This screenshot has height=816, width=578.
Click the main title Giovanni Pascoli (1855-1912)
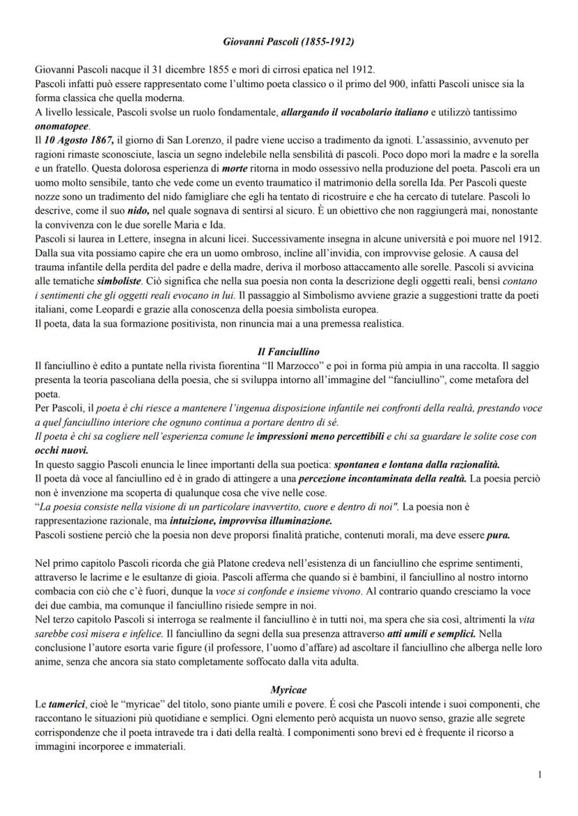pyautogui.click(x=288, y=42)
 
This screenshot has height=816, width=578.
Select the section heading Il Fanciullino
pyautogui.click(x=288, y=352)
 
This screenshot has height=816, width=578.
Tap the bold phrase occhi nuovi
pyautogui.click(x=57, y=450)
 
